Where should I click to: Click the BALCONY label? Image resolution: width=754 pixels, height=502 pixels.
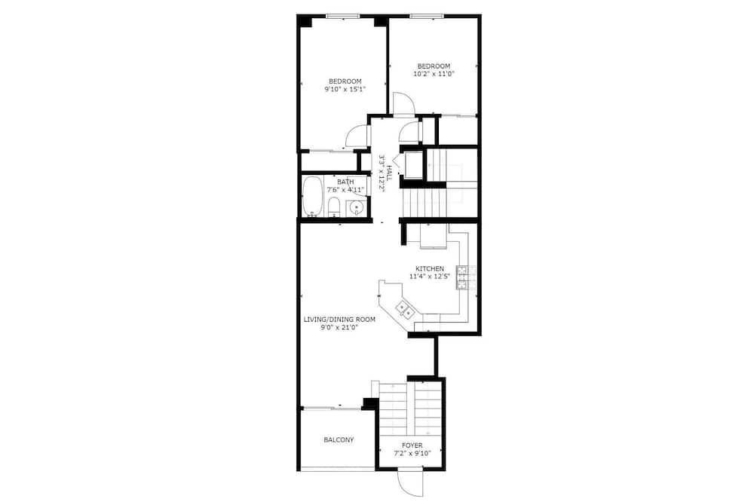pyautogui.click(x=339, y=439)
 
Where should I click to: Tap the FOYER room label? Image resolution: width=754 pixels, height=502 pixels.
pyautogui.click(x=412, y=445)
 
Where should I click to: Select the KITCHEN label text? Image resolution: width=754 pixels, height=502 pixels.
pyautogui.click(x=430, y=268)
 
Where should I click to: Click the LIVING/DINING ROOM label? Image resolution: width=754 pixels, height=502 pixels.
pyautogui.click(x=339, y=320)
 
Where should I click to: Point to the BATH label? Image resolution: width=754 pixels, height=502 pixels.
pyautogui.click(x=345, y=182)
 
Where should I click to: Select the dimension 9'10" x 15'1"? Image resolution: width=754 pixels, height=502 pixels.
pyautogui.click(x=345, y=89)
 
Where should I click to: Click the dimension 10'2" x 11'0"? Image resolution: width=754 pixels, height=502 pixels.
pyautogui.click(x=434, y=74)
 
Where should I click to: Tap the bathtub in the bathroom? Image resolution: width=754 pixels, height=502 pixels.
pyautogui.click(x=313, y=197)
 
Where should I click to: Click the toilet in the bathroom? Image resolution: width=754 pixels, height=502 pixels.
pyautogui.click(x=334, y=207)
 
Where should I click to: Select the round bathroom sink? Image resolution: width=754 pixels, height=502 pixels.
pyautogui.click(x=356, y=208)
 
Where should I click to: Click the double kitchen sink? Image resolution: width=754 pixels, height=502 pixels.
pyautogui.click(x=405, y=309)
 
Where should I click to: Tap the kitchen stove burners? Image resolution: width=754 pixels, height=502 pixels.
pyautogui.click(x=461, y=277)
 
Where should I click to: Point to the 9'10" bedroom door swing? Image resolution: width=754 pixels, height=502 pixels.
pyautogui.click(x=357, y=136)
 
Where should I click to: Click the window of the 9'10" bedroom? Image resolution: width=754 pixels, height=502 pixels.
pyautogui.click(x=343, y=17)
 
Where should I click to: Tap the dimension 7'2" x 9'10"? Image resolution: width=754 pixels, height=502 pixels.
pyautogui.click(x=412, y=453)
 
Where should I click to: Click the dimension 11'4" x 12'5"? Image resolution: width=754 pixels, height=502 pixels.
pyautogui.click(x=430, y=277)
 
